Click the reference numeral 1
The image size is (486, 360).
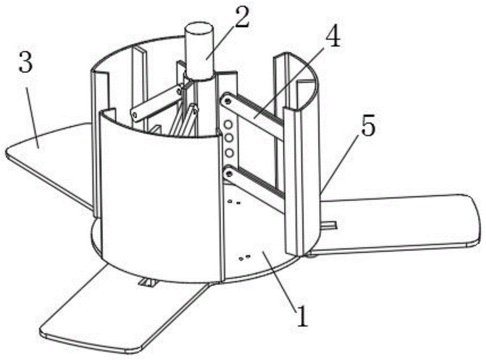pos(302,315)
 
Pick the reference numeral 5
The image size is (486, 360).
pos(368,125)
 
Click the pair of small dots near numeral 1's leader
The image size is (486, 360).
pos(244,257)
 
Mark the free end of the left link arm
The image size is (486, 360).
pos(135,115)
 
